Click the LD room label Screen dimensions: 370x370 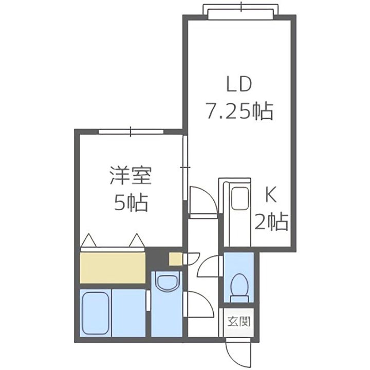pos(239,84)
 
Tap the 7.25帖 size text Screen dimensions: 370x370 pos(239,110)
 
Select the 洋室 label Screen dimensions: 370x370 pos(131,177)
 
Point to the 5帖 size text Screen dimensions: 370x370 pos(131,203)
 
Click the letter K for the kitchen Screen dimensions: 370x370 pos(271,195)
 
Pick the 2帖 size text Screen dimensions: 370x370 pos(271,222)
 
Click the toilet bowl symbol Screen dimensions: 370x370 pos(238,285)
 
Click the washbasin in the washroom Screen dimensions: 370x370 pos(166,283)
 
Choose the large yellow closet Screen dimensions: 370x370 pos(113,267)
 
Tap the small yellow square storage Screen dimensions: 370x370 pos(176,259)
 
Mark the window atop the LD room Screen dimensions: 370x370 pos(241,10)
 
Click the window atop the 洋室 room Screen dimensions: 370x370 pos(131,132)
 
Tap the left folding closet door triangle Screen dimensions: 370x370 pos(89,240)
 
